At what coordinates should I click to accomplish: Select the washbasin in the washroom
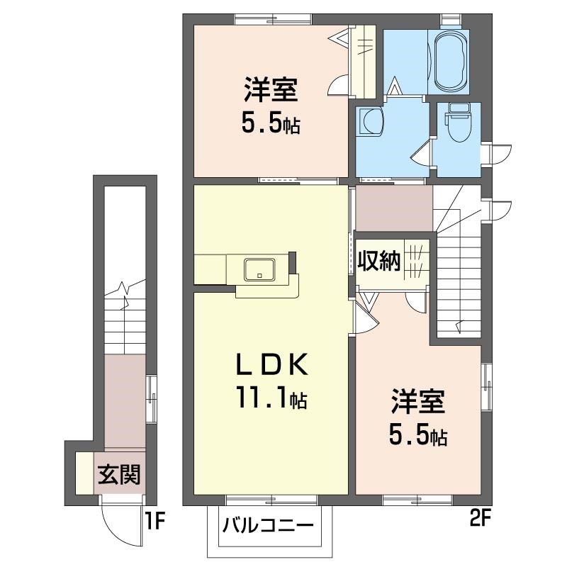coord(371,121)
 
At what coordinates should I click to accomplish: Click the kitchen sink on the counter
coord(260,269)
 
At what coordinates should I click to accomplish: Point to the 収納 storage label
coord(378,261)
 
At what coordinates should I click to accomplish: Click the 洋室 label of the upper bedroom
coord(271,93)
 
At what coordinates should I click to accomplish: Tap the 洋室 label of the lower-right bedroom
coord(418,403)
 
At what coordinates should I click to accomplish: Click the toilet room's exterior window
coord(487,153)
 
